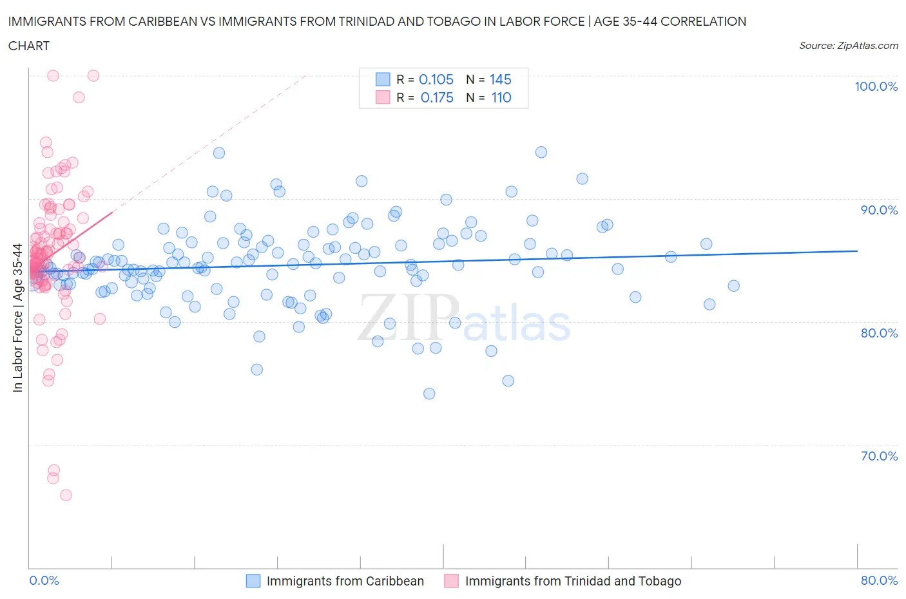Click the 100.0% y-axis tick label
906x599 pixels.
click(876, 86)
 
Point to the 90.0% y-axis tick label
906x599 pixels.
click(878, 210)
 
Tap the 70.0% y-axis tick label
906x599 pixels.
click(878, 456)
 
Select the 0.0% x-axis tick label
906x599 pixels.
click(44, 580)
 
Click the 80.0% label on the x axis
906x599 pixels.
click(879, 580)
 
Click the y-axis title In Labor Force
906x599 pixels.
click(17, 318)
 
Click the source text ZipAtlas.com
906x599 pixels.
click(848, 45)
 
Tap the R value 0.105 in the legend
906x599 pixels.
click(436, 79)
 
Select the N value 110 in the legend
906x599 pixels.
click(501, 97)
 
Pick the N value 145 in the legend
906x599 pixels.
click(500, 79)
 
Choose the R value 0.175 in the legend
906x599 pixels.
click(437, 97)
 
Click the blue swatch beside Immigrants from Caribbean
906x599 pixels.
click(253, 581)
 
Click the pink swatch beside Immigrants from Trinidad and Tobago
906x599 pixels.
click(452, 581)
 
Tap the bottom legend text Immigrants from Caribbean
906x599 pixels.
click(345, 581)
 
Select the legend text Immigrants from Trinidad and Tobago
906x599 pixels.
click(573, 581)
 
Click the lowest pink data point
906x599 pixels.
click(66, 495)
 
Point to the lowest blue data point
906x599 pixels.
click(429, 394)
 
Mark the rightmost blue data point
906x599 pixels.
click(733, 286)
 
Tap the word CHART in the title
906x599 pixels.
click(29, 46)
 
